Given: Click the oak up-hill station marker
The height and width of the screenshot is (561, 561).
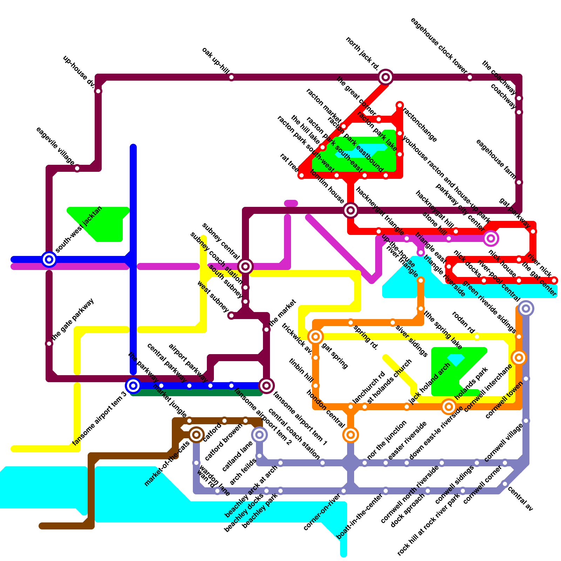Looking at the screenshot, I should pos(231,77).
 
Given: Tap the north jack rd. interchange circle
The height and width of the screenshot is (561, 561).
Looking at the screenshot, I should pos(386,77).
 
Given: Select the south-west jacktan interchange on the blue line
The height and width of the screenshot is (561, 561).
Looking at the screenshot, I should pos(49,259).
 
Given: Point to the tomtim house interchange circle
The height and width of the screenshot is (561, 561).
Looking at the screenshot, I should pos(351,210).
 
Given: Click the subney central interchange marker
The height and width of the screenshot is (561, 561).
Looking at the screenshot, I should pos(245,266).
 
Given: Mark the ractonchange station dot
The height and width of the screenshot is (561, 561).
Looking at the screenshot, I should pos(400,105).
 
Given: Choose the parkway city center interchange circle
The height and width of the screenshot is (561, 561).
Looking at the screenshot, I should pos(491,238).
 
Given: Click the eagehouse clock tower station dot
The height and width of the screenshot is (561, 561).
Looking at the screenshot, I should pos(470,77).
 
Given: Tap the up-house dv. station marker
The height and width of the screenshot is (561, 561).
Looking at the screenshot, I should pos(98,91).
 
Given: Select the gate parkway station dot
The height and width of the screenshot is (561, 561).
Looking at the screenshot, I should pos(49,344).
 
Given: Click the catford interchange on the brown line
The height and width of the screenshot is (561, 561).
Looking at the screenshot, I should pos(196,435).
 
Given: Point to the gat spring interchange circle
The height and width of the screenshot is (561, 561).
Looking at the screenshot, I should pos(316,337).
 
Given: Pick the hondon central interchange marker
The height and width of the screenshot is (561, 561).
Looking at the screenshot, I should pos(351,435).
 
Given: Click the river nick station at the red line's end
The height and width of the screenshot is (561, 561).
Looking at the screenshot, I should pos(554,280).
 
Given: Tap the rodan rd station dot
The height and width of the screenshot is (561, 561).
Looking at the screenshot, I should pos(477,337).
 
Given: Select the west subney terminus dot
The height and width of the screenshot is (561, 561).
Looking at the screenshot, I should pos(231,316).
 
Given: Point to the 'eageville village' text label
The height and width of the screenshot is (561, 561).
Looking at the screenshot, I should pos(55,146).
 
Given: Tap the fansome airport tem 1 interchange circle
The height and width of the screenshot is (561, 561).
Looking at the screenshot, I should pos(266,386).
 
